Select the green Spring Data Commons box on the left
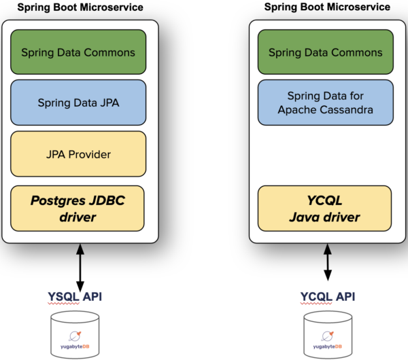point(78,52)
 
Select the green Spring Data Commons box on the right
point(326,52)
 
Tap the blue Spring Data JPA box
point(78,103)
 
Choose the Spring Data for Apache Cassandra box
point(326,103)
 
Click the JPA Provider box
point(78,154)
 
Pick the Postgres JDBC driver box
point(78,208)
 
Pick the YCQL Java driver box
point(326,208)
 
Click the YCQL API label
point(328,297)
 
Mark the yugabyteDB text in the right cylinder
point(328,346)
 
